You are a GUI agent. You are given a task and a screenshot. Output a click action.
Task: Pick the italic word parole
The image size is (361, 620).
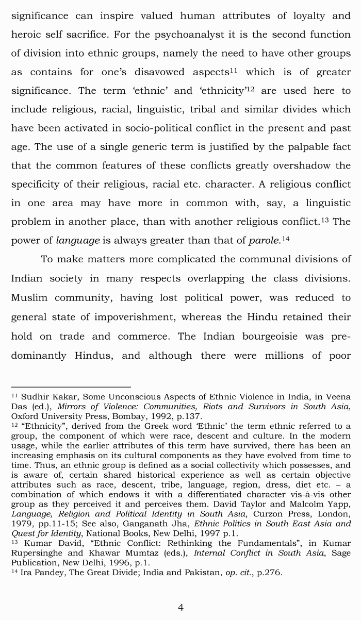pyautogui.click(x=265, y=240)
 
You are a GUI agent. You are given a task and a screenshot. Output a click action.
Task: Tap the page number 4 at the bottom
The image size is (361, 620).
pyautogui.click(x=180, y=608)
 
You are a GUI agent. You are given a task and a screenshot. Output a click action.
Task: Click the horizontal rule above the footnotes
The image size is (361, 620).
pyautogui.click(x=71, y=387)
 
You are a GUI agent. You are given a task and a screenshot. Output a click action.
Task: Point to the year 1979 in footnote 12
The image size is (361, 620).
pyautogui.click(x=21, y=524)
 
